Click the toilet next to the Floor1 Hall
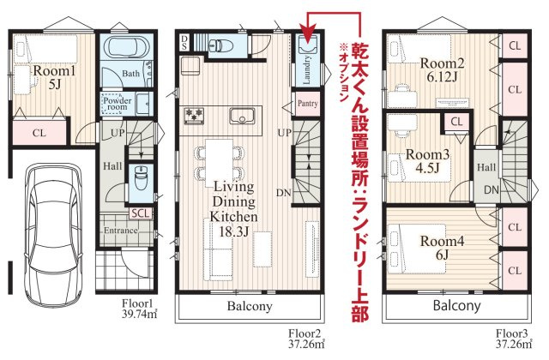pos(139,179)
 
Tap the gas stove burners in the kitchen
pos(193,113)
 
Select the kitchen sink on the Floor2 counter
pos(246,114)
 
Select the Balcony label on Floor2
pos(250,306)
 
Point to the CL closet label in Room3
pos(456,122)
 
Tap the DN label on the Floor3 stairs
pos(491,189)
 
